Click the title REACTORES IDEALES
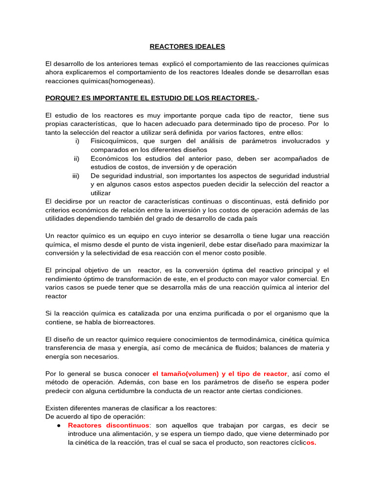click(187, 46)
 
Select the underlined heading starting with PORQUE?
click(151, 98)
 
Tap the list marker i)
click(77, 141)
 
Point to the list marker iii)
click(76, 175)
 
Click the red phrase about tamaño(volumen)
click(220, 374)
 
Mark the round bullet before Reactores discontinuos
click(59, 425)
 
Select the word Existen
click(57, 408)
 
